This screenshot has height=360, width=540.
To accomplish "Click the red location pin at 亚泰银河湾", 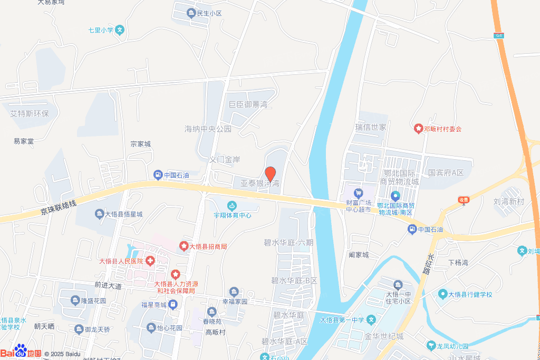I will click(x=271, y=173).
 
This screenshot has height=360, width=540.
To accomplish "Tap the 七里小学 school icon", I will click(x=120, y=30).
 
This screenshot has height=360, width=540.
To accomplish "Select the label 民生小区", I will click(x=209, y=13).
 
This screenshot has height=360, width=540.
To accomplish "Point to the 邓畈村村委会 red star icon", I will click(x=418, y=128).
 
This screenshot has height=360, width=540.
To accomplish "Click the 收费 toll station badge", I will click(x=464, y=199).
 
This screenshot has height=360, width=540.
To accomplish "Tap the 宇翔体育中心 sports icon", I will click(x=232, y=206).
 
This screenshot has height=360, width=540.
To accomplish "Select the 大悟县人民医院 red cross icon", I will click(x=150, y=260).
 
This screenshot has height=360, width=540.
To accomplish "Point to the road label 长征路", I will click(x=428, y=264).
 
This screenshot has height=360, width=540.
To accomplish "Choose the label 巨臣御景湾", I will click(x=249, y=105).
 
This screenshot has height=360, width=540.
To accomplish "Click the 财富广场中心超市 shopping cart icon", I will click(x=359, y=193).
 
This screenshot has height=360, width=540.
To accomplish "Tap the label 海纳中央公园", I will click(x=208, y=129).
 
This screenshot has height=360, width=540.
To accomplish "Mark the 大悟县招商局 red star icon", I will click(x=184, y=246).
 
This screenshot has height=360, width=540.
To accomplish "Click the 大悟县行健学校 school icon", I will click(x=442, y=294).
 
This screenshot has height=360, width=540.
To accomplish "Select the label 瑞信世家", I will click(x=371, y=128).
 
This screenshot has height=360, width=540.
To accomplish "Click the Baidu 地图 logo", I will click(x=21, y=352).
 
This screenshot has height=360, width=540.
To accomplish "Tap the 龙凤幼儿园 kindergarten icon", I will click(x=431, y=345).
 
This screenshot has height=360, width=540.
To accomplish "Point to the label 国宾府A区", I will click(x=446, y=172).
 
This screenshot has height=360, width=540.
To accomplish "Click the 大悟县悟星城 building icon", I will click(x=99, y=213).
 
